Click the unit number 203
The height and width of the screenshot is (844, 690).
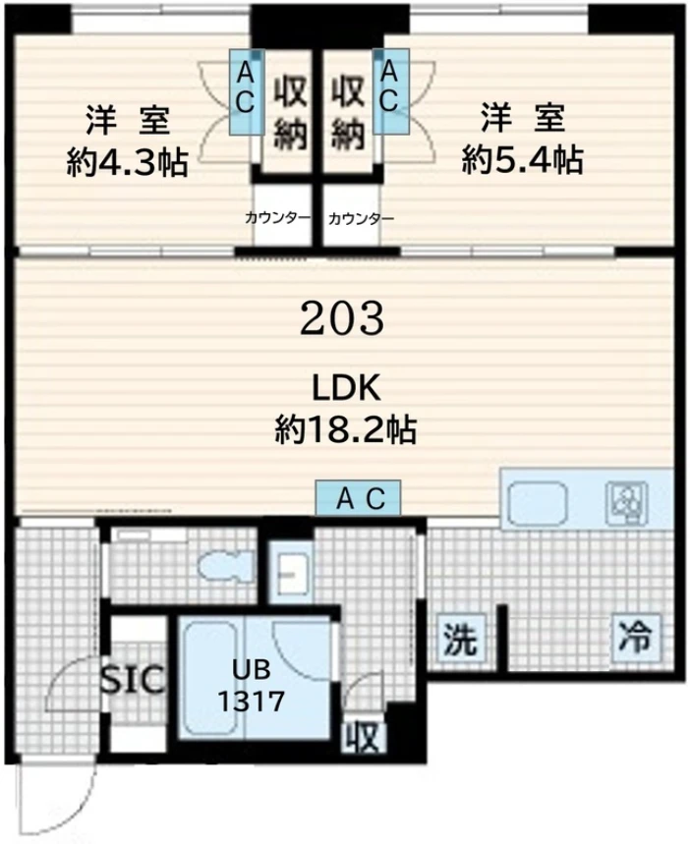pyautogui.click(x=342, y=318)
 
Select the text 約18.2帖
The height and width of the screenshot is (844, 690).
pyautogui.click(x=345, y=429)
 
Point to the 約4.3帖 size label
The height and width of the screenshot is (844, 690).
pyautogui.click(x=127, y=162)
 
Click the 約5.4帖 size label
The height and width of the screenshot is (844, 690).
pyautogui.click(x=522, y=159)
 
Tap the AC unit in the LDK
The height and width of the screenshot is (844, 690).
pyautogui.click(x=358, y=497)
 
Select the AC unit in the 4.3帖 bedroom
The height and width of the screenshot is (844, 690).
pyautogui.click(x=246, y=92)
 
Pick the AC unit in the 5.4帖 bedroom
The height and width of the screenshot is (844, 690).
pyautogui.click(x=391, y=92)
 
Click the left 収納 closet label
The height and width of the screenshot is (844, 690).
pyautogui.click(x=291, y=114)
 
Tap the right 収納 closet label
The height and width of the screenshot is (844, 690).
pyautogui.click(x=349, y=114)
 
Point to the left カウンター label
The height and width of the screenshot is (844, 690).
pyautogui.click(x=277, y=218)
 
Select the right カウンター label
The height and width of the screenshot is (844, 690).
pyautogui.click(x=361, y=218)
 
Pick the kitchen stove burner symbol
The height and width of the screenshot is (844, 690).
pyautogui.click(x=626, y=503)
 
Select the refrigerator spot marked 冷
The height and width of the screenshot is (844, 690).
pyautogui.click(x=636, y=637)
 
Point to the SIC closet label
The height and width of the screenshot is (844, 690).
pyautogui.click(x=133, y=679)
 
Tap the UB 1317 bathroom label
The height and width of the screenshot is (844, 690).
pyautogui.click(x=251, y=686)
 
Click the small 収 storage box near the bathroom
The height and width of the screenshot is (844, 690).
pyautogui.click(x=364, y=738)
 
